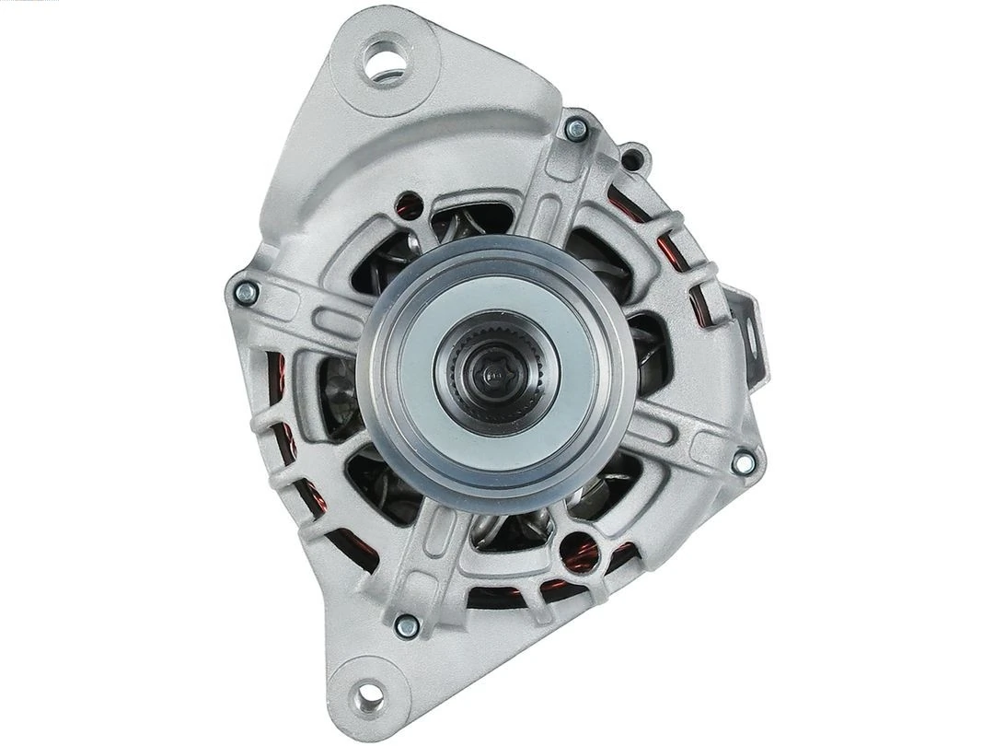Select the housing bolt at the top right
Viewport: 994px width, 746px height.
click(x=577, y=129)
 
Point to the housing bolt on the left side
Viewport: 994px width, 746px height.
click(x=244, y=293)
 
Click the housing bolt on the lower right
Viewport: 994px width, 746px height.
click(x=742, y=463)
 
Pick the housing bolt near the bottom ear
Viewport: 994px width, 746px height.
click(x=405, y=626)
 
